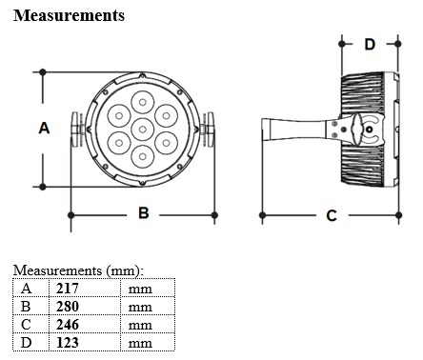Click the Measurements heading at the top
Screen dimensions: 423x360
click(x=69, y=15)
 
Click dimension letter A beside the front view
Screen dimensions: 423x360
click(x=44, y=129)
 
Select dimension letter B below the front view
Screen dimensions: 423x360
click(x=144, y=212)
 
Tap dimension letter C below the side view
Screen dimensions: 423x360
click(x=332, y=215)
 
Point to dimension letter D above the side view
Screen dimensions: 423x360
click(x=370, y=44)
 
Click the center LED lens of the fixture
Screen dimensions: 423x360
click(x=143, y=130)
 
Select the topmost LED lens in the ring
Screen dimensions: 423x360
click(x=143, y=102)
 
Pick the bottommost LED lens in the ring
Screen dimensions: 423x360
click(x=143, y=156)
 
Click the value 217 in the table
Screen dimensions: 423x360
click(x=68, y=289)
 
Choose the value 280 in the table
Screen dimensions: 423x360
click(x=68, y=307)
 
